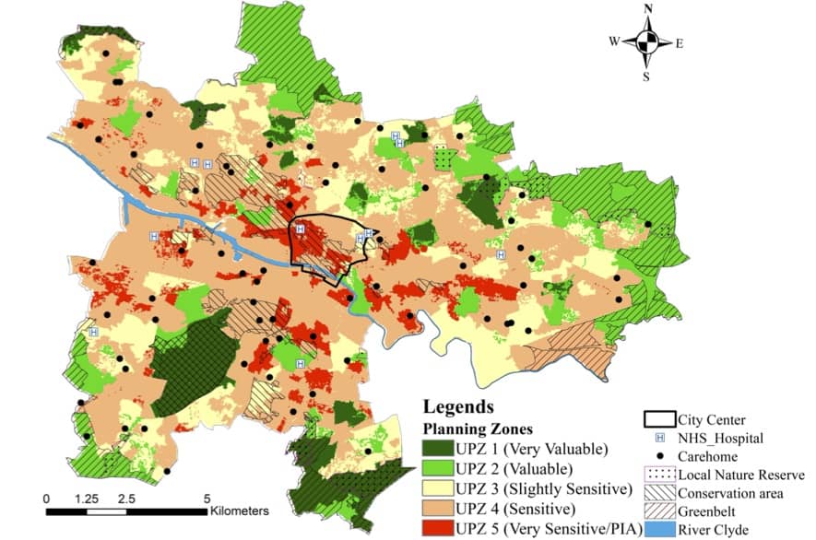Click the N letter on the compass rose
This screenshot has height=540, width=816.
click(649, 9)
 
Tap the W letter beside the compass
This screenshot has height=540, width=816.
click(614, 41)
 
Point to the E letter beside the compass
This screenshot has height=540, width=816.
click(680, 42)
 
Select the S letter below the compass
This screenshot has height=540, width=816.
click(646, 76)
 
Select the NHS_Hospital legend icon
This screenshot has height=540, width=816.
click(660, 439)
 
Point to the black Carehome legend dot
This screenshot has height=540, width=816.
click(660, 457)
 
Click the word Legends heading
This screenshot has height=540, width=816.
click(458, 407)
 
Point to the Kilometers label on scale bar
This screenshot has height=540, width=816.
click(239, 510)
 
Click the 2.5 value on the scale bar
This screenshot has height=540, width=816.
click(127, 498)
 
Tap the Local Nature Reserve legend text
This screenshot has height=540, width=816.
click(741, 475)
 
